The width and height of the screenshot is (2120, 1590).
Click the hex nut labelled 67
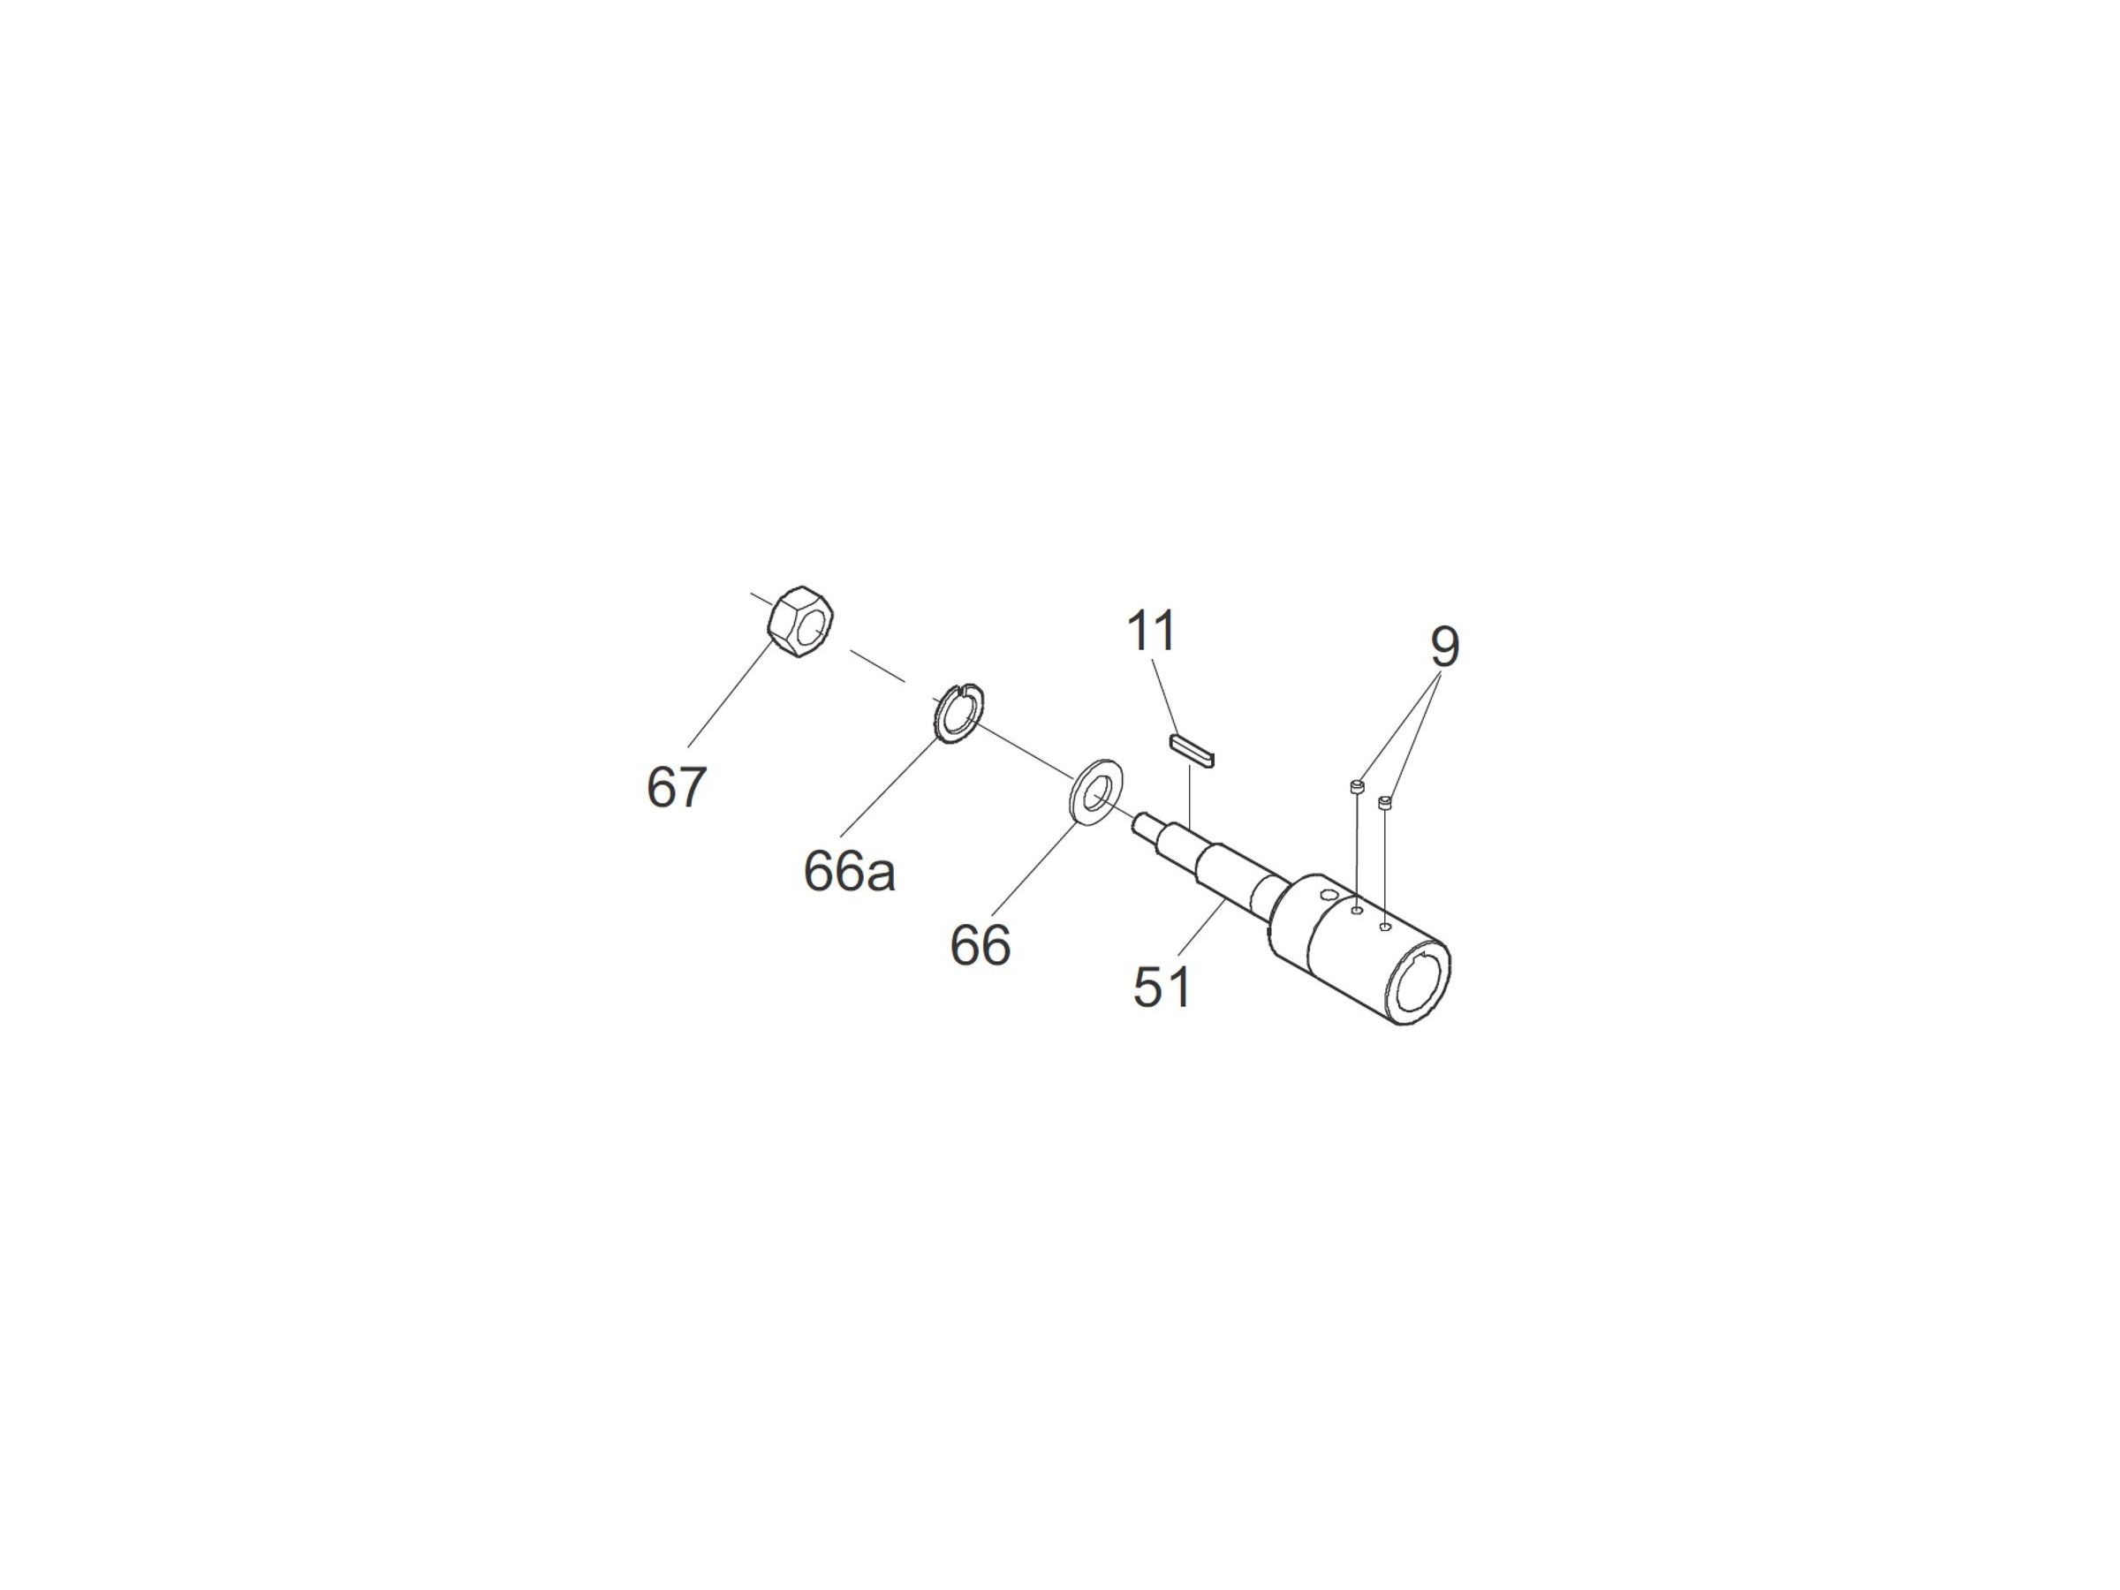click(x=801, y=622)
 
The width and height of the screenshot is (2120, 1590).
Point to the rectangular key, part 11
click(x=1192, y=752)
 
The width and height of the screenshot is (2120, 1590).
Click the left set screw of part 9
click(x=1356, y=788)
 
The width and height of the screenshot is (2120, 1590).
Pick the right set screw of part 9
click(x=1385, y=801)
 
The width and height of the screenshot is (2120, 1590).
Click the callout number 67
click(x=677, y=788)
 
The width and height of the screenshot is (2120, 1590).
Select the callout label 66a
click(x=849, y=872)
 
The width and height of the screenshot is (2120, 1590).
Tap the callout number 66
click(x=980, y=945)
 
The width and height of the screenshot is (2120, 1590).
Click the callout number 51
click(x=1162, y=988)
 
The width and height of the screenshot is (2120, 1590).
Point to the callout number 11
click(x=1151, y=632)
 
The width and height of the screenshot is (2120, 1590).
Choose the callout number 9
click(x=1444, y=647)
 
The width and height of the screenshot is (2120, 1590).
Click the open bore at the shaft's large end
click(x=1419, y=986)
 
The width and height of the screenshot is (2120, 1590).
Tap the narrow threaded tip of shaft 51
click(x=1147, y=824)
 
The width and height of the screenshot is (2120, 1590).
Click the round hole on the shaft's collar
click(x=1328, y=895)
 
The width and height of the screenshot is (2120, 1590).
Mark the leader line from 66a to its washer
click(x=889, y=787)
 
